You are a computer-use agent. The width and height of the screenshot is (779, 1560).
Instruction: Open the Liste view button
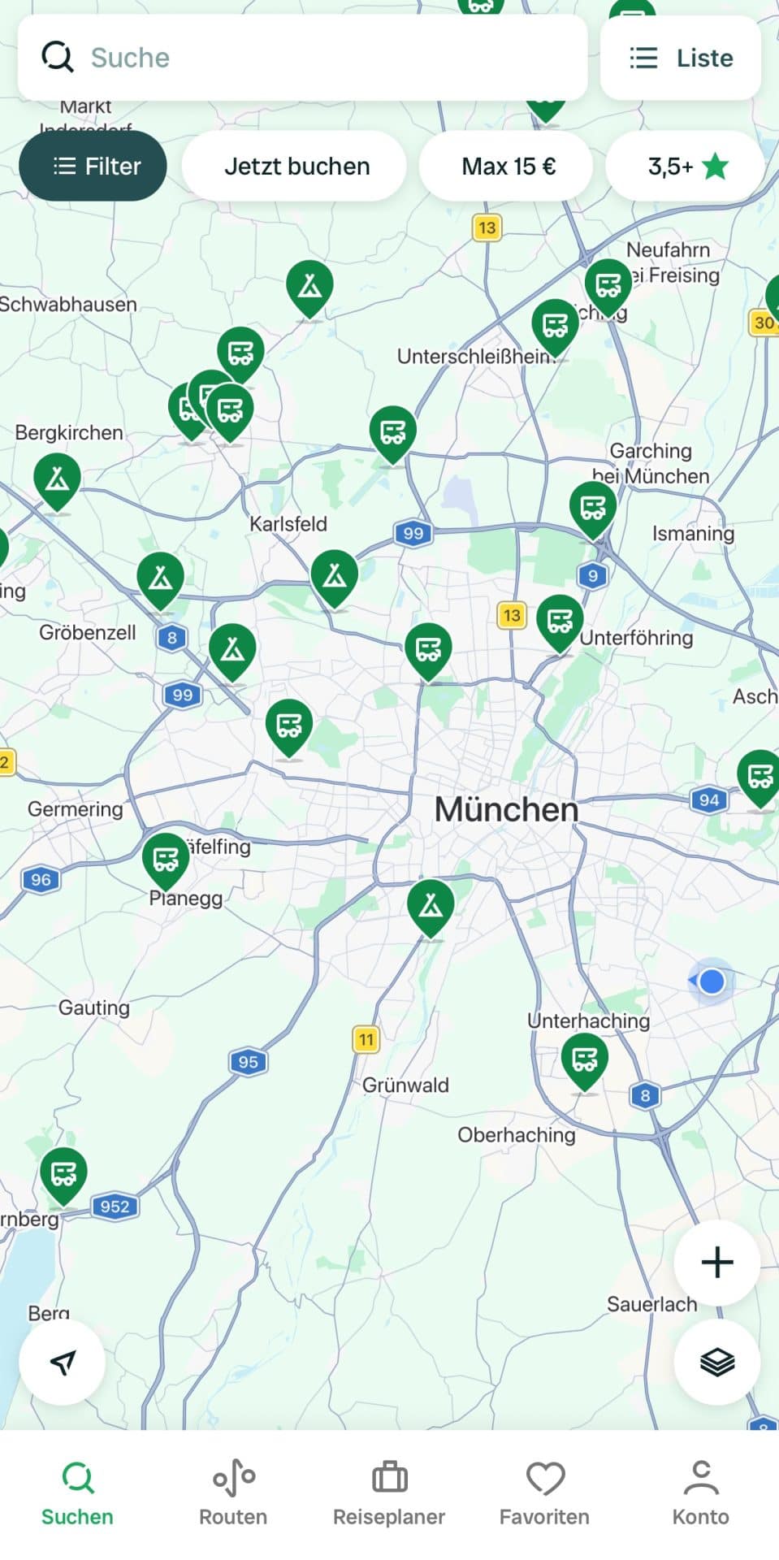coord(681,58)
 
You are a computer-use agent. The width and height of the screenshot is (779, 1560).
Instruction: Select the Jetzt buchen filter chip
coord(296,167)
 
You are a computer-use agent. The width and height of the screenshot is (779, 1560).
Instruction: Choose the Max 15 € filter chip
coord(508,167)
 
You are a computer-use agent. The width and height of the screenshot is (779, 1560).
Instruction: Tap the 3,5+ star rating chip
coord(686,167)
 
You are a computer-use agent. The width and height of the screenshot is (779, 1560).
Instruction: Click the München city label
coord(507,809)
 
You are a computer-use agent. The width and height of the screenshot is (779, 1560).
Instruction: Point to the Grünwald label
coord(405,1085)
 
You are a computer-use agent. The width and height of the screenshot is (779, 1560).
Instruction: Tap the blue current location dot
coord(712,981)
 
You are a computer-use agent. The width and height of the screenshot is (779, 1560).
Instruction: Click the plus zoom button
coord(716,1262)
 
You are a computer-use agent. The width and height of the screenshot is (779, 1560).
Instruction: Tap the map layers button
coord(716,1361)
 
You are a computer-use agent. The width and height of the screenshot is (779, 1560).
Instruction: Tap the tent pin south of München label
coord(431,905)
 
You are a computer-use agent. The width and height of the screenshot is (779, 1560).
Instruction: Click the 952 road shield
coord(115,1207)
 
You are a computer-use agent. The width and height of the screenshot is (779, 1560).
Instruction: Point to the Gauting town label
coord(94,1007)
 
